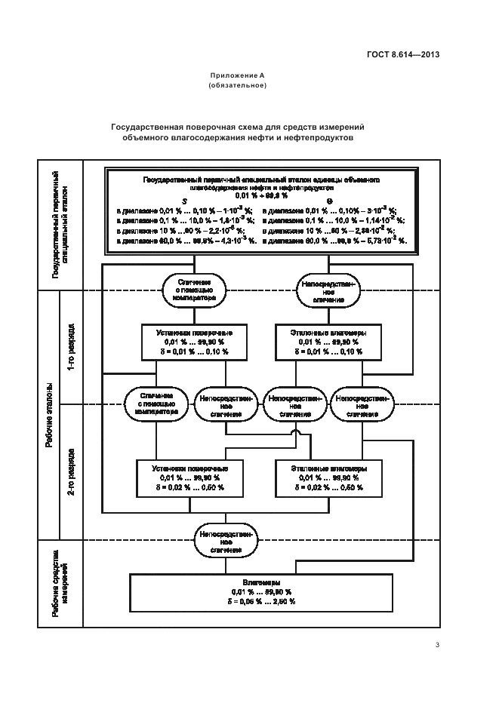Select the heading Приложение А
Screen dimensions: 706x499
pyautogui.click(x=236, y=76)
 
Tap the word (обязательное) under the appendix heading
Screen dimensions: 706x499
pyautogui.click(x=236, y=85)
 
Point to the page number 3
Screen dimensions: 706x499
pyautogui.click(x=437, y=643)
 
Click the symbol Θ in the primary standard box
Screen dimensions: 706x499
pyautogui.click(x=330, y=201)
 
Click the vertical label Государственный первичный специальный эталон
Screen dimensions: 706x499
pyautogui.click(x=60, y=226)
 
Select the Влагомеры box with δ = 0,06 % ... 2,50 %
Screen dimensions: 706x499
pyautogui.click(x=262, y=592)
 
